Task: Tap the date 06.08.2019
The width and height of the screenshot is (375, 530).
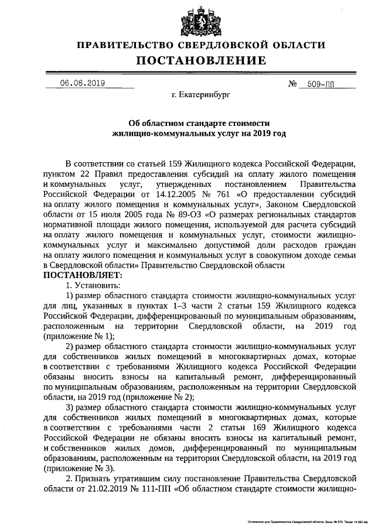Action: tap(82, 83)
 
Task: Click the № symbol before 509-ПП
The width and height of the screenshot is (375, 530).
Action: tap(294, 83)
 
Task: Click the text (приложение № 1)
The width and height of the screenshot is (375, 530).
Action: tap(79, 336)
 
